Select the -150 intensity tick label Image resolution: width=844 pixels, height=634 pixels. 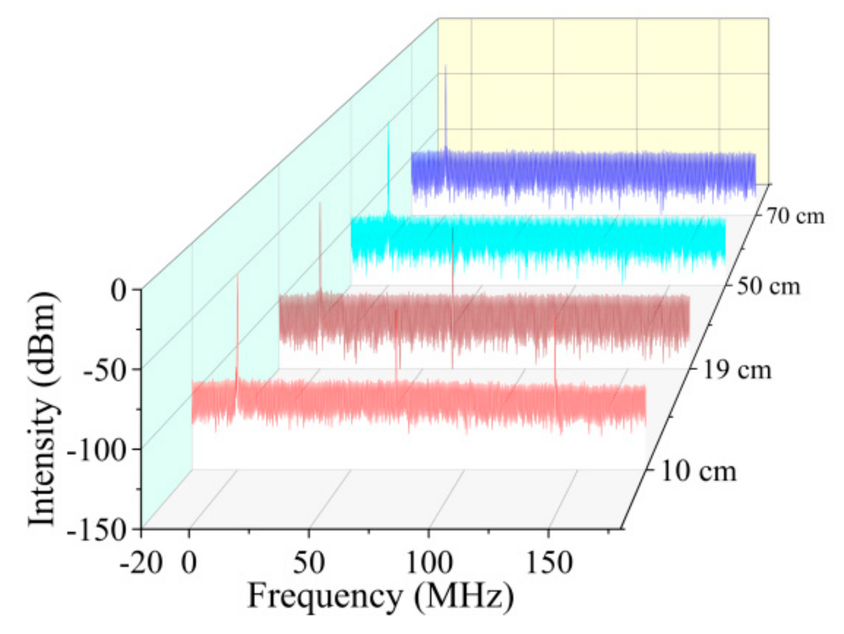[x=97, y=530]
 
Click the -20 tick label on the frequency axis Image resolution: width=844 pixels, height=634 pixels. [x=141, y=563]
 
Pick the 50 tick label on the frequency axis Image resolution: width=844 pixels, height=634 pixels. [x=309, y=563]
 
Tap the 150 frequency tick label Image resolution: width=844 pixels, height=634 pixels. [x=548, y=563]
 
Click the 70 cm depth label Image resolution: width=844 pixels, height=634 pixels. [x=795, y=216]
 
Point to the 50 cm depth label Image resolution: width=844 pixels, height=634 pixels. [x=768, y=286]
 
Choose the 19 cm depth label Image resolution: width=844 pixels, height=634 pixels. [x=737, y=370]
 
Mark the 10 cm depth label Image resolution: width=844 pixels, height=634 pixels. [x=698, y=471]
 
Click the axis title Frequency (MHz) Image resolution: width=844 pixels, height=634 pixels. [x=380, y=596]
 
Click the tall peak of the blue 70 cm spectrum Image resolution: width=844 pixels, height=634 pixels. [x=445, y=67]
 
